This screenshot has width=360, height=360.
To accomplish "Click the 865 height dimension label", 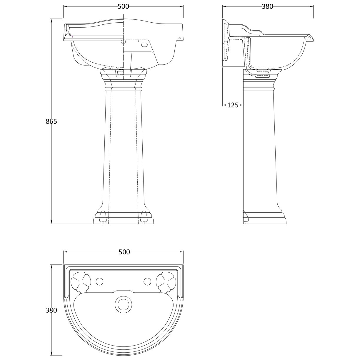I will (x=51, y=121).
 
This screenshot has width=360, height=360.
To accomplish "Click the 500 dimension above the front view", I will (x=123, y=6).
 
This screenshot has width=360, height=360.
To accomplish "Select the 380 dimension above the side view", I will (x=267, y=6).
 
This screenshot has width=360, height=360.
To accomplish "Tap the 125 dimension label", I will (x=233, y=105).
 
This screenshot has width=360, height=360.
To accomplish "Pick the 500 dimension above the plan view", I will (x=124, y=252).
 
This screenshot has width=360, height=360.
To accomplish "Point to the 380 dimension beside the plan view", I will (x=51, y=310).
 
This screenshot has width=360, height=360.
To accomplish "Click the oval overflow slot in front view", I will (x=145, y=45).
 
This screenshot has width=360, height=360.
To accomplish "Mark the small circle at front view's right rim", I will (x=179, y=38).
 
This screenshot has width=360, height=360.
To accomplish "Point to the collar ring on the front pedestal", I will (x=123, y=88).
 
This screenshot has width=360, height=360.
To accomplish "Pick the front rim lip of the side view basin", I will (x=309, y=37).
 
